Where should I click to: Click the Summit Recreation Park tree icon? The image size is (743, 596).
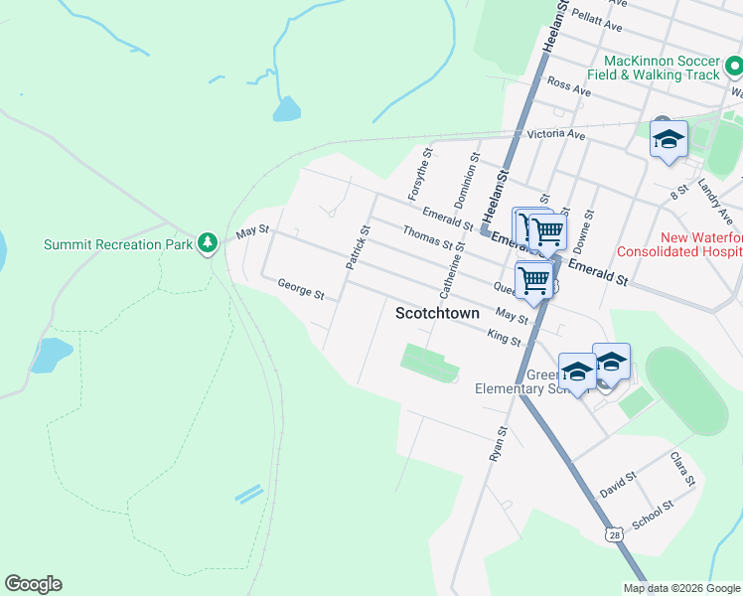click(x=207, y=242)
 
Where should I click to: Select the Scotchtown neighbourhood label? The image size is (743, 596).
click(x=438, y=313)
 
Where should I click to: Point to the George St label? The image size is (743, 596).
click(x=301, y=289)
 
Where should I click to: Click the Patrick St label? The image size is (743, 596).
click(x=357, y=247)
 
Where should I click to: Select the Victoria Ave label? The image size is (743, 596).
click(x=556, y=134)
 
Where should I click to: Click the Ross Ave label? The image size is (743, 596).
click(x=568, y=86)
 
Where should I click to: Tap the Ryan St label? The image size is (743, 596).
click(x=498, y=444)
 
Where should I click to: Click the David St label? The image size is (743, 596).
click(x=618, y=485)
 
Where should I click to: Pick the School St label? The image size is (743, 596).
click(x=652, y=515)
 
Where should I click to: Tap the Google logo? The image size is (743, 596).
click(x=33, y=584)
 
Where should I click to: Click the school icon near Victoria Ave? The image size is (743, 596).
click(x=669, y=140)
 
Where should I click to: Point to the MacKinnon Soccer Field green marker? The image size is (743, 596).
click(x=734, y=68)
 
